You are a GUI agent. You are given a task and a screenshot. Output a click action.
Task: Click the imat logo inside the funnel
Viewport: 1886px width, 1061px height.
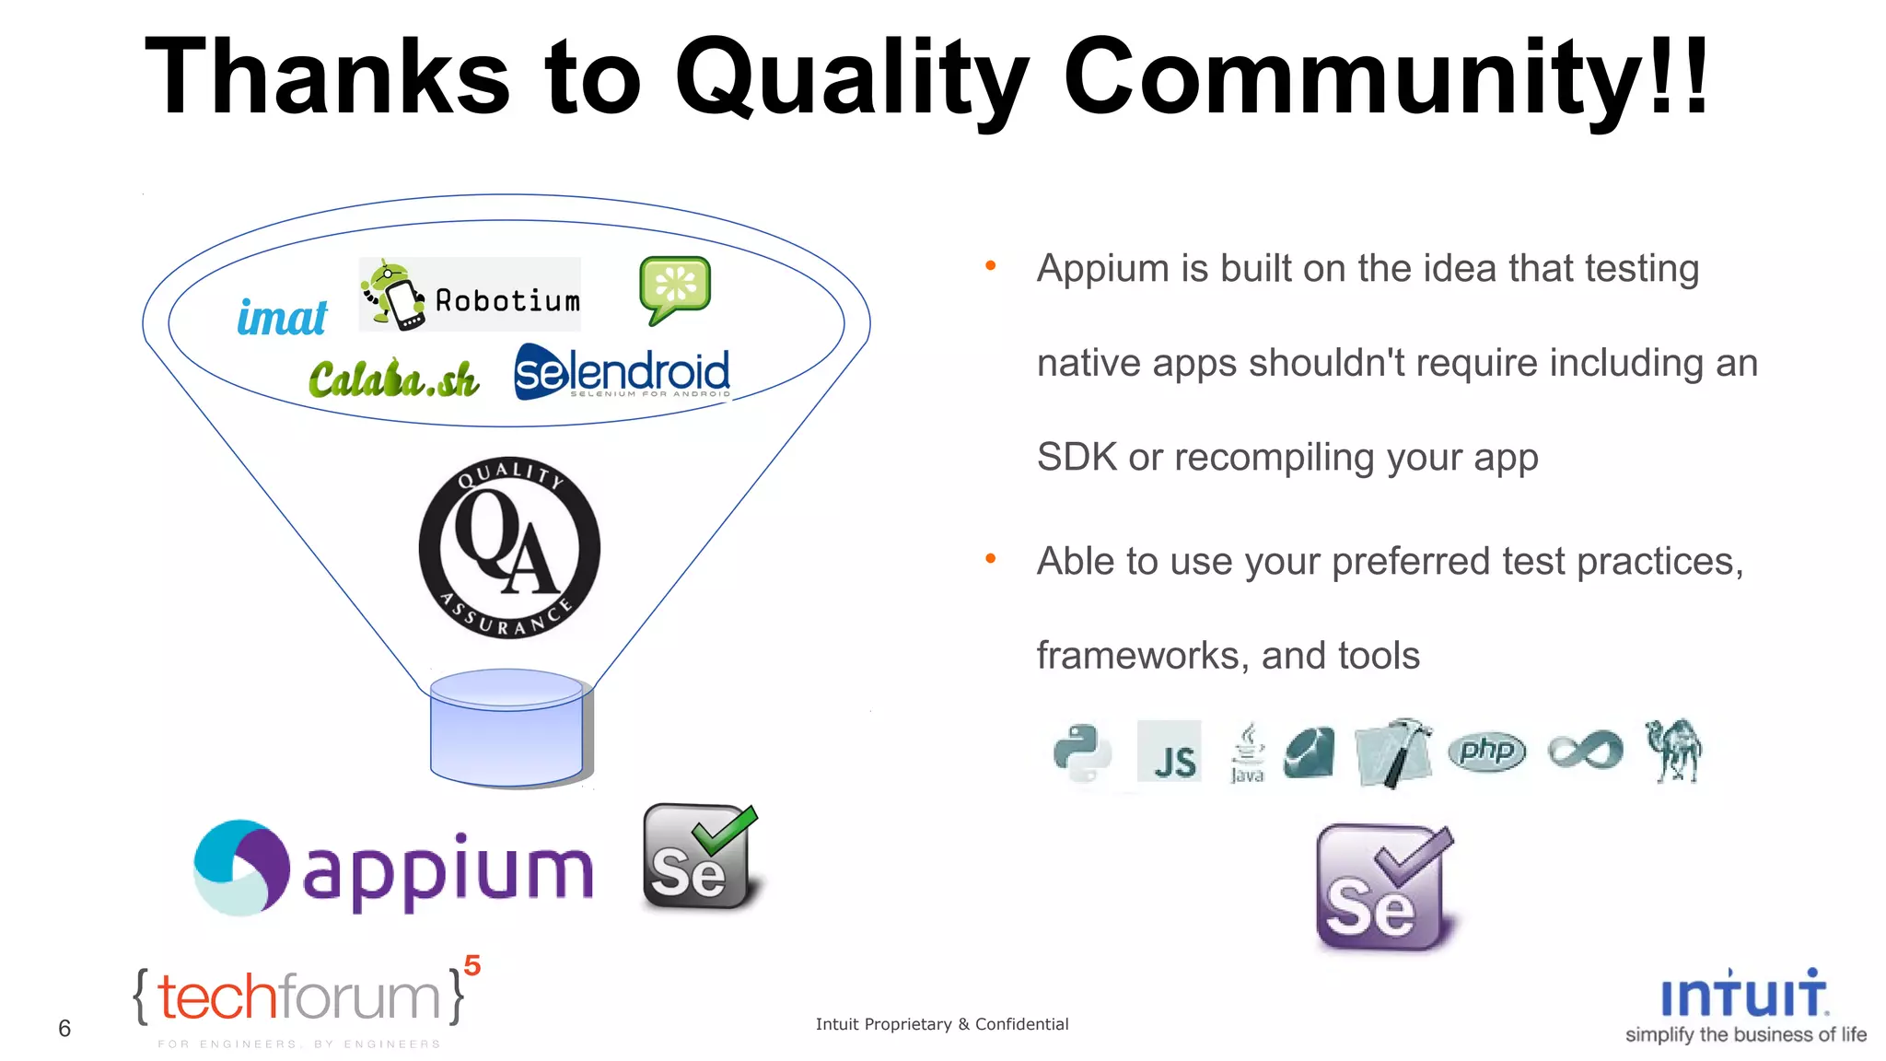[x=282, y=318]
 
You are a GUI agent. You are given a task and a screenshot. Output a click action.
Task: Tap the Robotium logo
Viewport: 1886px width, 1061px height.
[x=470, y=295]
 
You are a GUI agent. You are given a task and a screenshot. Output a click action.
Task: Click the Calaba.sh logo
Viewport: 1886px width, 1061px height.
[x=393, y=379]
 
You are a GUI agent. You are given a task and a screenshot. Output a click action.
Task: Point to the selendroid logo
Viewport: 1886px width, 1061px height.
[x=622, y=373]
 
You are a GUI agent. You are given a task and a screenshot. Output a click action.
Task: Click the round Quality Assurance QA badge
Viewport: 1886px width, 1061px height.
[x=509, y=548]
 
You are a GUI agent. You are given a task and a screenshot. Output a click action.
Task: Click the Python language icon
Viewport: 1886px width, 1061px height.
[x=1082, y=752]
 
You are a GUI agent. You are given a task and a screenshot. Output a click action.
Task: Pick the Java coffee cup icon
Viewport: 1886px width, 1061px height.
[x=1247, y=752]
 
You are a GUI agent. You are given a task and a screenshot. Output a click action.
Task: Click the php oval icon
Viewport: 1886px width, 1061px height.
[x=1486, y=752]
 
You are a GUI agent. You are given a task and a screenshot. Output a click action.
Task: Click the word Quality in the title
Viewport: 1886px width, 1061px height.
[x=852, y=77]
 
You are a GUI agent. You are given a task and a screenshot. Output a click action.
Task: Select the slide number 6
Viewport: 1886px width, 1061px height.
[x=64, y=1028]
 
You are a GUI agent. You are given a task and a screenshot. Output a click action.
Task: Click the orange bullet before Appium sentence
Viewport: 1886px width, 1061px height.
[x=991, y=266]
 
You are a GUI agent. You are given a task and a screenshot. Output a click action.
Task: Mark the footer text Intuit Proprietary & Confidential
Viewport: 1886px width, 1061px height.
[x=942, y=1024]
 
